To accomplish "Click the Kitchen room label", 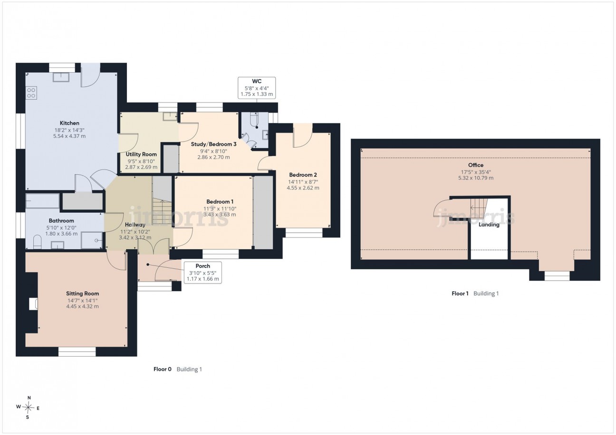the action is point(69,123).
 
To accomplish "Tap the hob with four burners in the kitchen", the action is point(31,93).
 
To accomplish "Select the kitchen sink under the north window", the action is point(61,77).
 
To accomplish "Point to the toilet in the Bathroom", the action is point(37,242).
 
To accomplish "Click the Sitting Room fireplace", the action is point(33,304).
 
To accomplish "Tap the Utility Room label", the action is point(141,154).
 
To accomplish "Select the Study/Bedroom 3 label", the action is point(213,144).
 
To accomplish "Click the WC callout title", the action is point(257,81).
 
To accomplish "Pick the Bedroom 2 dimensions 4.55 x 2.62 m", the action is point(303,188).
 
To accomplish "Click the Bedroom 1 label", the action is point(220,202).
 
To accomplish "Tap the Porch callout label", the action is point(202,266).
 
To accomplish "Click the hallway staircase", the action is point(162,212).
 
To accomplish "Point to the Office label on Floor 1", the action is point(476,165).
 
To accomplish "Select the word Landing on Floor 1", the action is point(489,225).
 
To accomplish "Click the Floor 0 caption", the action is point(162,369).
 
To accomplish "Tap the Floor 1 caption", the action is point(460,293).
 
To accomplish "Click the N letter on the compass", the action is point(29,397).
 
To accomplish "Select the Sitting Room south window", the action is point(77,352).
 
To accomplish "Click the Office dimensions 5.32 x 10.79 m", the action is point(476,178).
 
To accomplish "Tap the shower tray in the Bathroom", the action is point(92,240).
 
